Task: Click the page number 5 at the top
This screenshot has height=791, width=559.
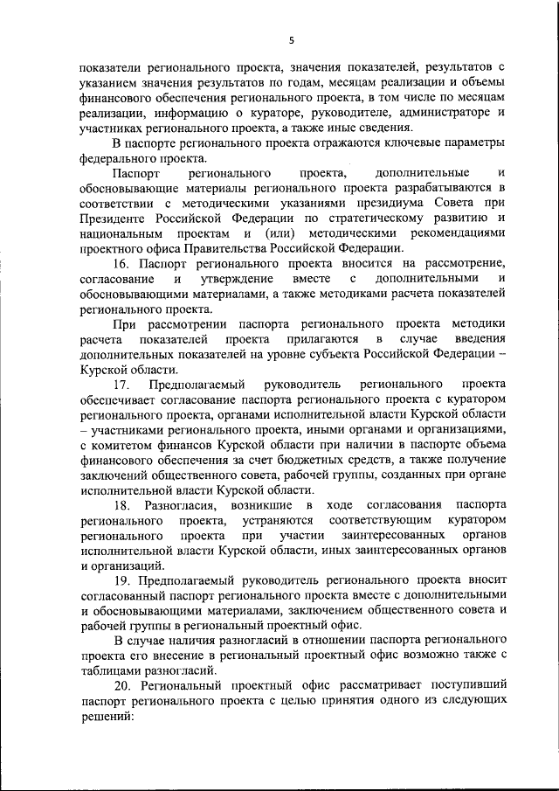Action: [292, 38]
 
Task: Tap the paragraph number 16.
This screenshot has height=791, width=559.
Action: [122, 265]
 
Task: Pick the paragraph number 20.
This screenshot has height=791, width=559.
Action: [122, 684]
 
